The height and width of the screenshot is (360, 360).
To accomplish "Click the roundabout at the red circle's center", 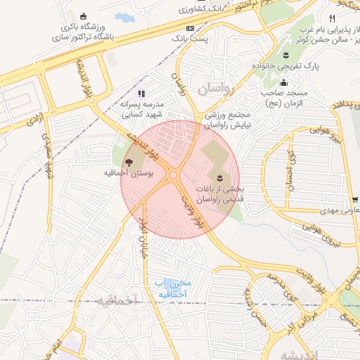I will pos(172,176).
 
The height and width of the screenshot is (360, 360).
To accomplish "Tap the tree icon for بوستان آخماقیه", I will pos(128,162).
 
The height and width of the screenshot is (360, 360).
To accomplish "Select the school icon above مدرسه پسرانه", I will pos(141,93).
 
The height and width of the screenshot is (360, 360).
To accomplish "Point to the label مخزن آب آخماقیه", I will pos(172,288).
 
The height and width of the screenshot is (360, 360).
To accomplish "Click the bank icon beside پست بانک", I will pos(190,27).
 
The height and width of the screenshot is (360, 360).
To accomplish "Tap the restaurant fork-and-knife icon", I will pos(332,18).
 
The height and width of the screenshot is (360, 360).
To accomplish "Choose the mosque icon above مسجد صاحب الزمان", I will pos(283,83).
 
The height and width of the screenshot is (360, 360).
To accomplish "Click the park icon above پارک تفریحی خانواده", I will pos(286,55).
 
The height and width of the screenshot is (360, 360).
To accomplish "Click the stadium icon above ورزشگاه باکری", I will pos(84,17).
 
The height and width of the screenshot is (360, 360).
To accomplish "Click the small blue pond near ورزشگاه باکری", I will pos(124,17).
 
